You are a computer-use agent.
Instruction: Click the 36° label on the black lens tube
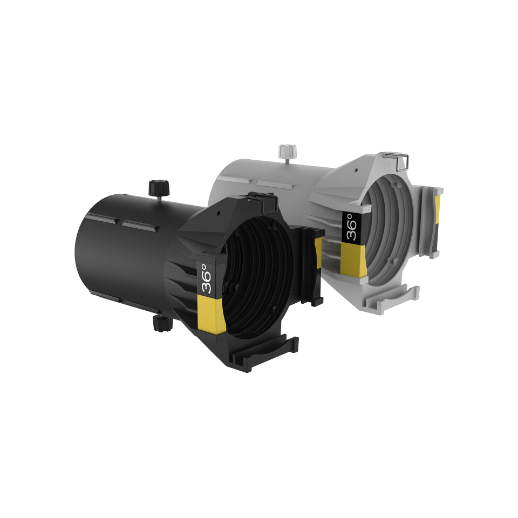pos(207,278)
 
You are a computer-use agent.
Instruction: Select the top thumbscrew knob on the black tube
pos(159,188)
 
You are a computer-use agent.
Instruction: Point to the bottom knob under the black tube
pos(162,323)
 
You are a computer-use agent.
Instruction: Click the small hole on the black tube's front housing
pos(219,213)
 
